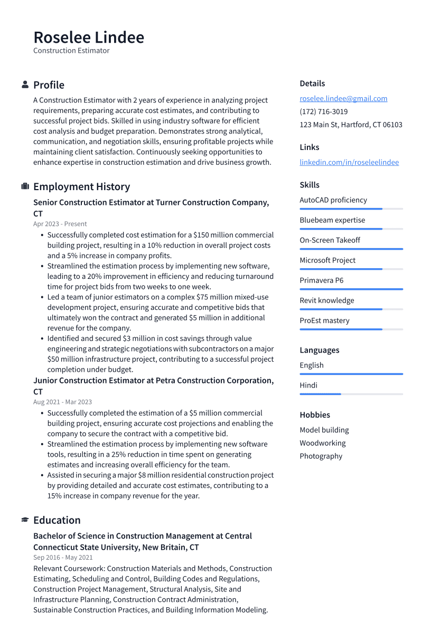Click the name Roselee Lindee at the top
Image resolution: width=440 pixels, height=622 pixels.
89,37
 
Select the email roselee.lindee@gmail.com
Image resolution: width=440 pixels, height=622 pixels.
343,98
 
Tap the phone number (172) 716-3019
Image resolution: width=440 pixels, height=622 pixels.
323,111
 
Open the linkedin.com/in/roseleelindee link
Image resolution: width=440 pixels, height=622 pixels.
349,162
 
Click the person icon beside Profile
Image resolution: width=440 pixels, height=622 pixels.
25,84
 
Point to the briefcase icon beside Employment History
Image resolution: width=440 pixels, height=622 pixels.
25,186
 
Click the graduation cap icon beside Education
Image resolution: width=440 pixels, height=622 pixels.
25,520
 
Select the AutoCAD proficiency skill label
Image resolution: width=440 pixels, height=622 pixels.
333,200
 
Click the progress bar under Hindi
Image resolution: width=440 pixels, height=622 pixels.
351,394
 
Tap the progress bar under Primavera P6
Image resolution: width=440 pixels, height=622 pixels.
351,289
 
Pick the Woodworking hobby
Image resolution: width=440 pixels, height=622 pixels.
322,443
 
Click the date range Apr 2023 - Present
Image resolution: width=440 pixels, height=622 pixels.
60,224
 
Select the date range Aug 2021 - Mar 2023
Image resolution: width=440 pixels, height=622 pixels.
62,402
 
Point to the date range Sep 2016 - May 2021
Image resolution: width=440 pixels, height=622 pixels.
63,557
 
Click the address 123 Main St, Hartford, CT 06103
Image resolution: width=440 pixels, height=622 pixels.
351,125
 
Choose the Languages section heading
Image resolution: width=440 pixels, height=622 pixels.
319,350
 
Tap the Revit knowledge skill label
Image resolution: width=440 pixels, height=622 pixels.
326,300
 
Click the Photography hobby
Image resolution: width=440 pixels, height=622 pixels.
321,456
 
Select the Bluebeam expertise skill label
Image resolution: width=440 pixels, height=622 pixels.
332,220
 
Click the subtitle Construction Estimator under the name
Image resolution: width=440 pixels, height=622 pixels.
71,51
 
